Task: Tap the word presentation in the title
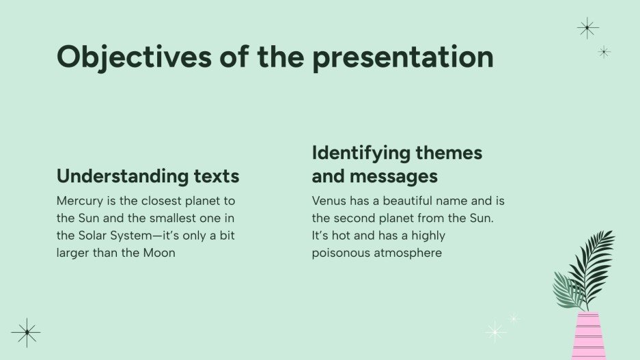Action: pos(402,57)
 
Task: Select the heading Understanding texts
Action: pos(148,176)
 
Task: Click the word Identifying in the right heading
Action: pos(361,153)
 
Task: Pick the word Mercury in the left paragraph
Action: pos(79,202)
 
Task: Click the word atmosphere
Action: pos(409,253)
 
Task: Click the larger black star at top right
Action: pos(587,28)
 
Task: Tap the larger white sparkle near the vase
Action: pos(495,332)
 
